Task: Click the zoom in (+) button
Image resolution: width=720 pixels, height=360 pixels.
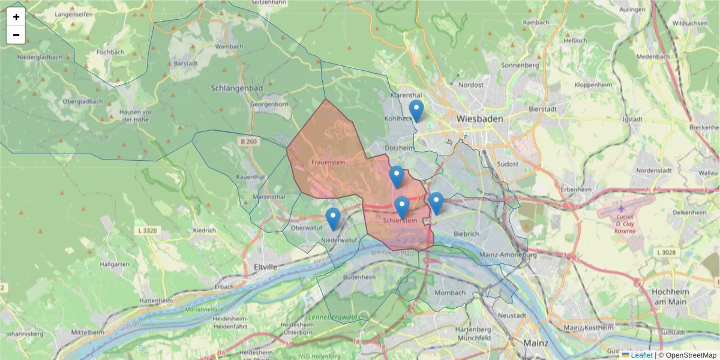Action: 16,17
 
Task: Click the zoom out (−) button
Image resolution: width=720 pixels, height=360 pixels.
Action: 16,35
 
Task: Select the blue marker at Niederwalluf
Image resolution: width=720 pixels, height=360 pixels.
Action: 332,219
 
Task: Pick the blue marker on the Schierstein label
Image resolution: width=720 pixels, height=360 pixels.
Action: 402,208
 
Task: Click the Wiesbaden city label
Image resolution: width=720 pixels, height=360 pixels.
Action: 479,119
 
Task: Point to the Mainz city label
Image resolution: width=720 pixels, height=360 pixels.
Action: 535,343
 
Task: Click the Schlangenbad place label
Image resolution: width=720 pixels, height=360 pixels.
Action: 236,88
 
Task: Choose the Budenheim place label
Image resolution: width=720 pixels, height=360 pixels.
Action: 359,278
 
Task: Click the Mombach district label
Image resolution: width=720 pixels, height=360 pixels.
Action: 449,293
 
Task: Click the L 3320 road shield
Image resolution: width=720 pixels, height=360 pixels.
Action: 147,230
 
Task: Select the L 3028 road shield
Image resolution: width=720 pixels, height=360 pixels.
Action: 668,253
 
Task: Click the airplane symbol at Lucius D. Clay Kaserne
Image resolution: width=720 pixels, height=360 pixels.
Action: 621,208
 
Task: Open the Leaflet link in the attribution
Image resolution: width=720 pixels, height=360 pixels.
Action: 641,355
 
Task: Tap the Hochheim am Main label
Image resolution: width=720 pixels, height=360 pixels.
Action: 669,296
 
